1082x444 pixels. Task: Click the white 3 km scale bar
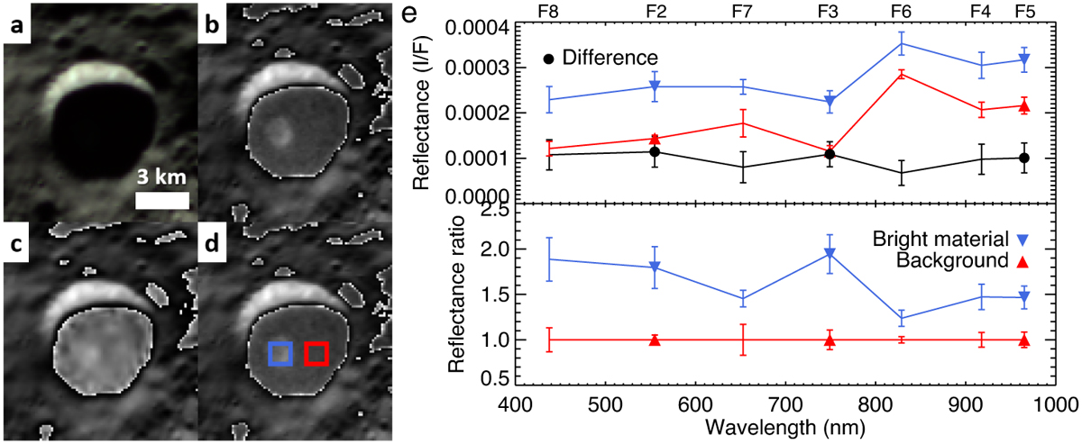pyautogui.click(x=162, y=200)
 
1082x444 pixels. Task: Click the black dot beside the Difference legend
pyautogui.click(x=548, y=59)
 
